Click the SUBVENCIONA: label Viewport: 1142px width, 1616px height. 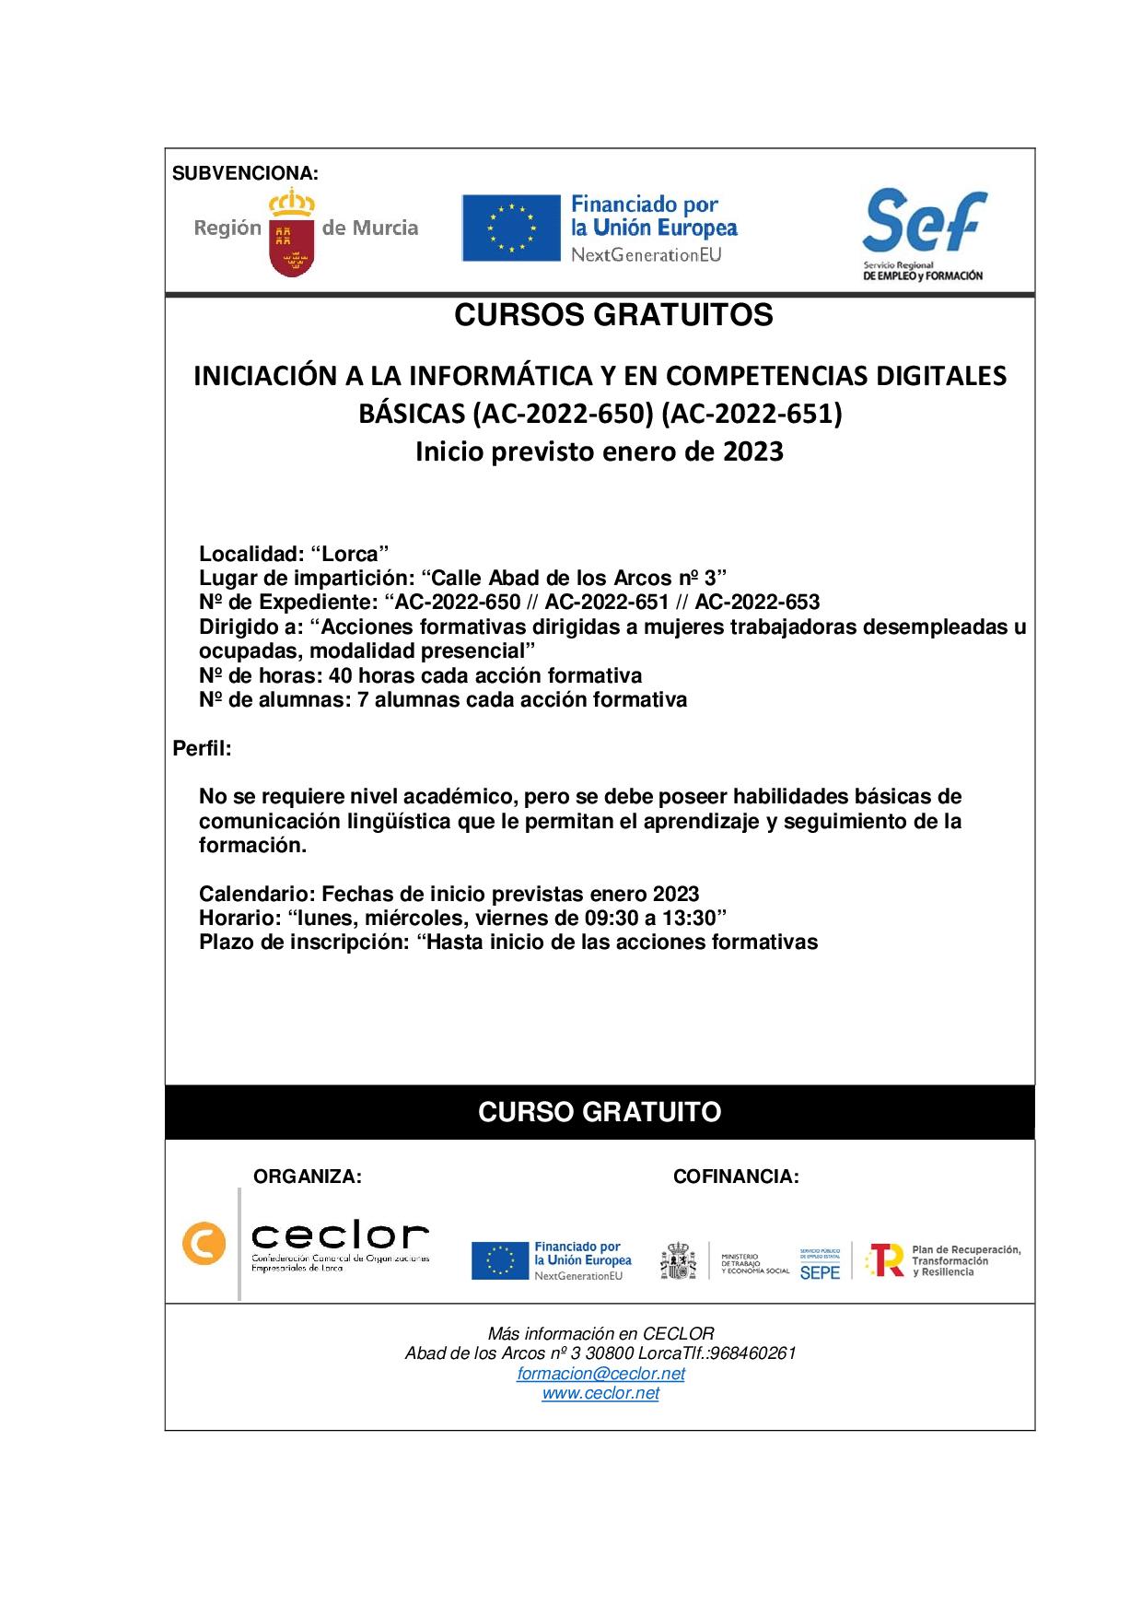[x=245, y=173]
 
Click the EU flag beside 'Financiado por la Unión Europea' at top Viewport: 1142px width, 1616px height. [x=511, y=228]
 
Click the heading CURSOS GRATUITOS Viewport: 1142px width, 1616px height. [x=613, y=315]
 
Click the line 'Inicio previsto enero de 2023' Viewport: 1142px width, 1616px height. [x=599, y=451]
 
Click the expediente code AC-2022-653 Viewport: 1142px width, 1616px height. [x=757, y=603]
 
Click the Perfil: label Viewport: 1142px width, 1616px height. [x=202, y=748]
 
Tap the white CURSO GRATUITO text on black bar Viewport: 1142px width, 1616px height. [x=600, y=1112]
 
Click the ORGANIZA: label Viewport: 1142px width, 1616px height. [x=308, y=1177]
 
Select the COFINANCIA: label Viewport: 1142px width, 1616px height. [x=736, y=1177]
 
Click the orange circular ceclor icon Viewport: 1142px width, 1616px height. [x=204, y=1244]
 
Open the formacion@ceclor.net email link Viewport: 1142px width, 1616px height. [x=600, y=1374]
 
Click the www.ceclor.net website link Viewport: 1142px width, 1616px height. [x=600, y=1393]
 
